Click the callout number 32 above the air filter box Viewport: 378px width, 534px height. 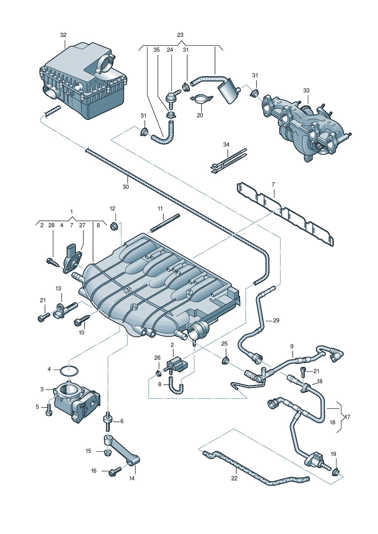(x=63, y=35)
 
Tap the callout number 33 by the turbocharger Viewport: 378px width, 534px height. (x=306, y=91)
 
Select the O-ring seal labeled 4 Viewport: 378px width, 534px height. (x=69, y=370)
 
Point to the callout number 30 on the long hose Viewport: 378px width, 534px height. (x=126, y=187)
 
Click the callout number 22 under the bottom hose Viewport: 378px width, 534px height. (x=234, y=478)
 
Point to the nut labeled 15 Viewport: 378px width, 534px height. (x=107, y=452)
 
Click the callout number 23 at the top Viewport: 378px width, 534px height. (x=180, y=35)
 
